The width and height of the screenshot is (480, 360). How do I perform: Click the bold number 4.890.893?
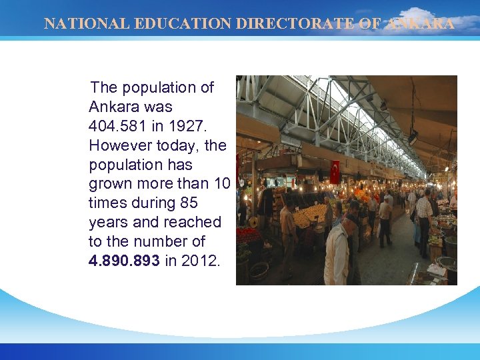pos(124,261)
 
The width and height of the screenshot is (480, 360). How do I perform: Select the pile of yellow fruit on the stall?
pos(311,215)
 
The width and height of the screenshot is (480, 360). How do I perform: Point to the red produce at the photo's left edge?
pos(249,235)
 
